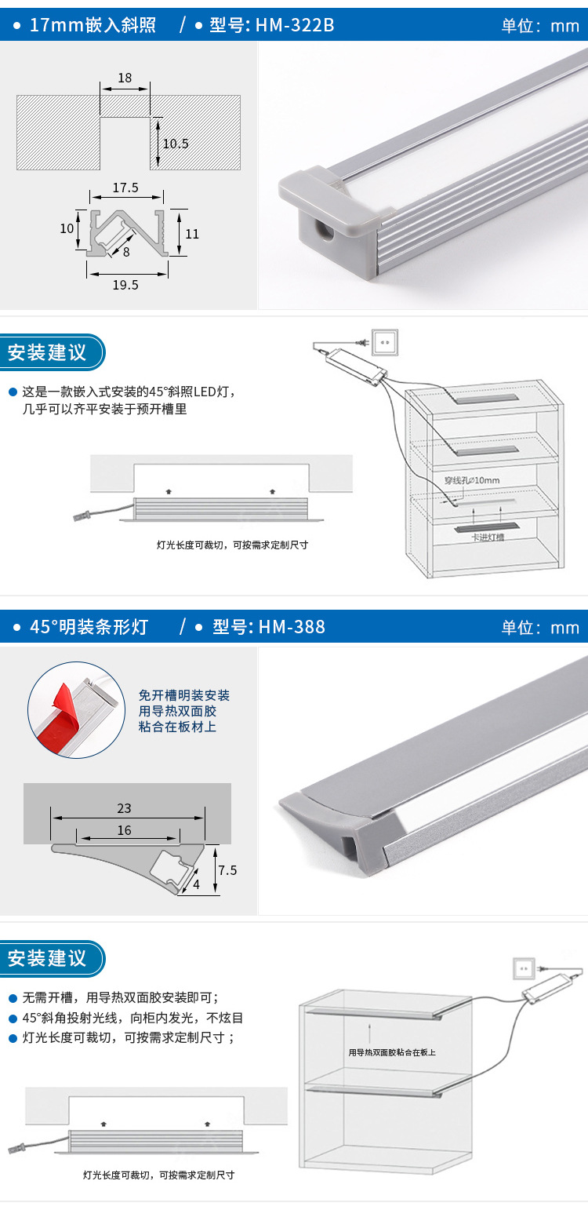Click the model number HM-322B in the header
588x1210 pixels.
point(295,25)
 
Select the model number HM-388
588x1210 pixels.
point(292,627)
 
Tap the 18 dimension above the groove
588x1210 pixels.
point(125,78)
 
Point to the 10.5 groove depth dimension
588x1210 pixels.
point(175,144)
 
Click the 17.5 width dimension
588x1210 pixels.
point(125,188)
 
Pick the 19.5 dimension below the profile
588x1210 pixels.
point(125,285)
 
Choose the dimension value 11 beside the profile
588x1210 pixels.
point(192,233)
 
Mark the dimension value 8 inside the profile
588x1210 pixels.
point(126,252)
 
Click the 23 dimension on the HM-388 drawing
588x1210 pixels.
point(124,808)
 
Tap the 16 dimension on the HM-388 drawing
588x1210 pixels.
point(124,830)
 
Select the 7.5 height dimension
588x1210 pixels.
point(227,870)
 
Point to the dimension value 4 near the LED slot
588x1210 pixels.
point(196,884)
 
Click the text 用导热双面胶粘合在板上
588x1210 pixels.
point(392,1052)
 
